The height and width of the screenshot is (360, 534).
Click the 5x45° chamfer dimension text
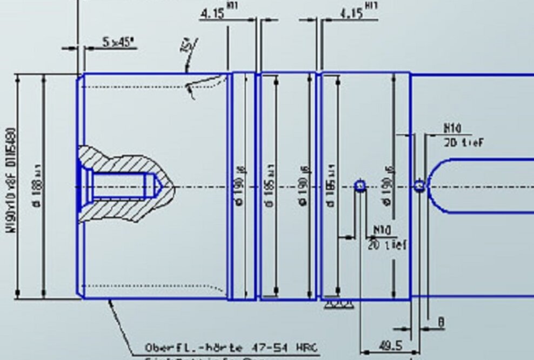pos(118,42)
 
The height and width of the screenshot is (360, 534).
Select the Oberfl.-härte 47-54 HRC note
pos(232,347)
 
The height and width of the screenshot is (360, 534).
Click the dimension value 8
pos(441,323)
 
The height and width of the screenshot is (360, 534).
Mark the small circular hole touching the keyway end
pos(419,186)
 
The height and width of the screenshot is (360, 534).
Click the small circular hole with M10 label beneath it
pos(360,186)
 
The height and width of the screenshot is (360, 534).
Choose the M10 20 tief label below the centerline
pos(388,238)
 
